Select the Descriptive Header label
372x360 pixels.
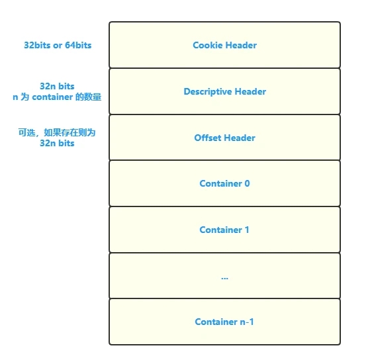coord(224,92)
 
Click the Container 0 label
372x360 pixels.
coord(224,183)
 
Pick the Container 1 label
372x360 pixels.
coord(224,230)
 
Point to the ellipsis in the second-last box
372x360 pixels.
coord(224,278)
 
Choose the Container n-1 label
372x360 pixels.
coord(224,322)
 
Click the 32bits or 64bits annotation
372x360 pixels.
coord(58,45)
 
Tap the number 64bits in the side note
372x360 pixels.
coord(78,45)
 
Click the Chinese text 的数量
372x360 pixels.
coord(88,97)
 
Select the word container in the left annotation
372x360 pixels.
coord(52,97)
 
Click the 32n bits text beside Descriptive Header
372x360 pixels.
coord(57,86)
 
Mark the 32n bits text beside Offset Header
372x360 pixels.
coord(57,143)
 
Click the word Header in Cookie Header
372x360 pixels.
coord(240,45)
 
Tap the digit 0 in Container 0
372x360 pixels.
coord(247,183)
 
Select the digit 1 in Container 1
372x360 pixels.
coord(247,230)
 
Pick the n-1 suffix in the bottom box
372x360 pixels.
coord(247,322)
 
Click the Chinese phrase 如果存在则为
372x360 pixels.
coord(70,132)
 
